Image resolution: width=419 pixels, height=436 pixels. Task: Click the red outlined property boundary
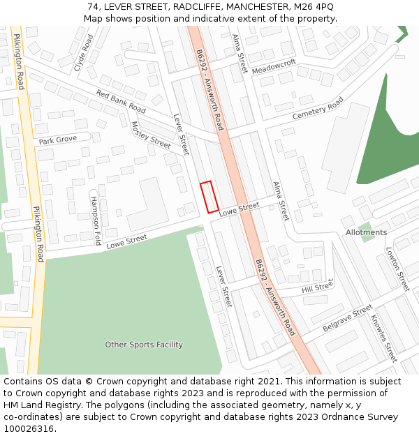(209, 197)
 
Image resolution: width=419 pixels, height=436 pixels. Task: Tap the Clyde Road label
(83, 53)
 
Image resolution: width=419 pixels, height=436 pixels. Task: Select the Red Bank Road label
(121, 101)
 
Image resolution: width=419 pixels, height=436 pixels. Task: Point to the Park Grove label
(58, 140)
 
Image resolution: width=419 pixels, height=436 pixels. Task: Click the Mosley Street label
(151, 135)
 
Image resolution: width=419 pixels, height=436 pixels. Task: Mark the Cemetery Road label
(318, 108)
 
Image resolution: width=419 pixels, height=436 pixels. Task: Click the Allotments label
(366, 232)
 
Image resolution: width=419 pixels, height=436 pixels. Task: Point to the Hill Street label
(318, 287)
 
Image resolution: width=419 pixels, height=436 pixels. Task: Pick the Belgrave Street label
(348, 318)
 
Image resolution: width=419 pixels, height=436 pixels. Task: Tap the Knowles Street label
(383, 338)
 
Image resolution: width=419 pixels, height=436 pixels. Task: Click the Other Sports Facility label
(144, 345)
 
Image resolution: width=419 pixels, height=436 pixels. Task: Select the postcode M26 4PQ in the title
(314, 6)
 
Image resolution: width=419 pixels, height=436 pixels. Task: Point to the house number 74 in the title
(93, 6)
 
